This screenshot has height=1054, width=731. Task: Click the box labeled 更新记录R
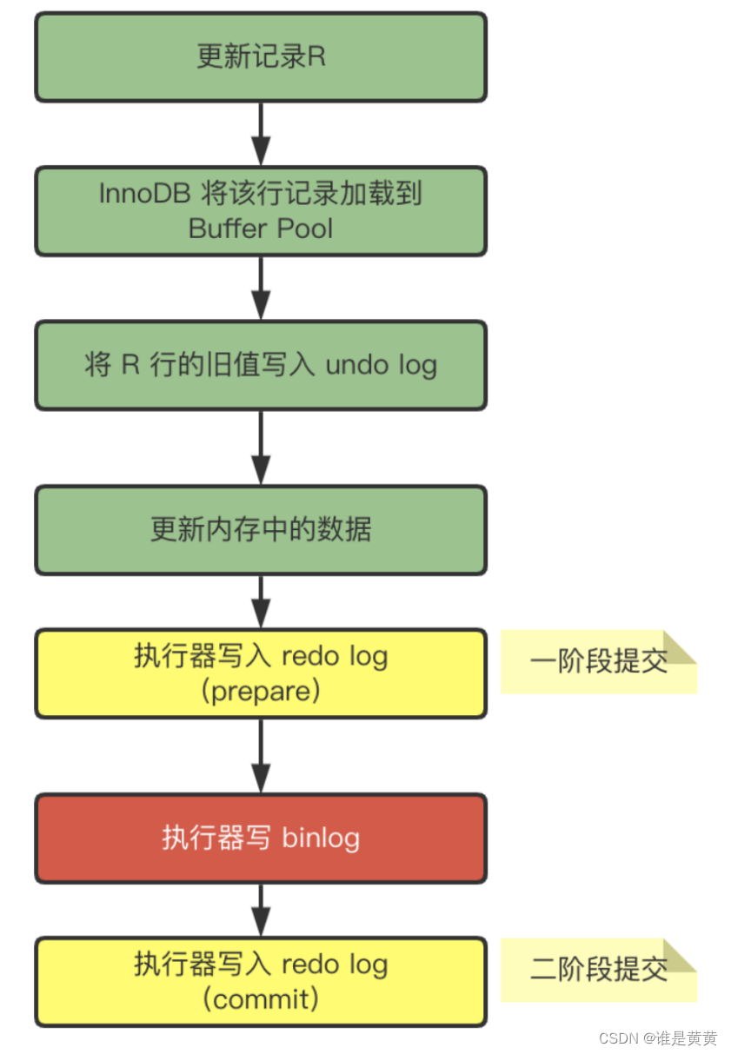pyautogui.click(x=261, y=57)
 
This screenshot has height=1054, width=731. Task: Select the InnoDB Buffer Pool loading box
pyautogui.click(x=261, y=211)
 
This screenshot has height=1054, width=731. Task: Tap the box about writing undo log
pyautogui.click(x=261, y=365)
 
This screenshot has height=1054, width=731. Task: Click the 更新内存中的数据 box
pyautogui.click(x=261, y=529)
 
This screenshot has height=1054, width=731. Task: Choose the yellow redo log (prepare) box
pyautogui.click(x=261, y=673)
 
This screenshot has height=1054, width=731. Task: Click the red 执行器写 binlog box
pyautogui.click(x=261, y=838)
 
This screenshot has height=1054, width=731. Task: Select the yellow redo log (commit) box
pyautogui.click(x=261, y=981)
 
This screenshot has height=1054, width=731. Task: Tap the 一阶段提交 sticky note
pyautogui.click(x=598, y=662)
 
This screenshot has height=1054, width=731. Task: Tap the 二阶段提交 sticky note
pyautogui.click(x=598, y=970)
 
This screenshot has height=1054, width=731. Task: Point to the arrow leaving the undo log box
pyautogui.click(x=261, y=447)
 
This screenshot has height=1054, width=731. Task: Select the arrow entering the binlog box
pyautogui.click(x=261, y=755)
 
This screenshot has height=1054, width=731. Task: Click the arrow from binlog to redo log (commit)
pyautogui.click(x=261, y=909)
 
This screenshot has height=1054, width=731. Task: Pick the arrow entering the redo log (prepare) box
pyautogui.click(x=261, y=600)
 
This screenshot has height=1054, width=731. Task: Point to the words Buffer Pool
pyautogui.click(x=261, y=229)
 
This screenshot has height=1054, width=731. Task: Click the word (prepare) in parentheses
pyautogui.click(x=261, y=692)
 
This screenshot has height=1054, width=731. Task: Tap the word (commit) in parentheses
pyautogui.click(x=261, y=999)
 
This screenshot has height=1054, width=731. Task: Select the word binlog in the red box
pyautogui.click(x=320, y=839)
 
